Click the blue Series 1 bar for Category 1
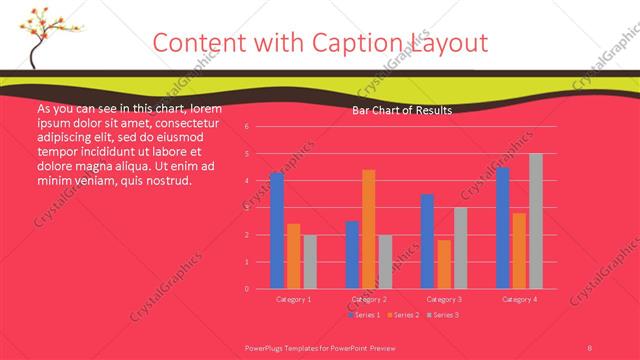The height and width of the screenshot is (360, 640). click(277, 231)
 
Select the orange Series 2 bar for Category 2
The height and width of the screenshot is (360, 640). click(369, 229)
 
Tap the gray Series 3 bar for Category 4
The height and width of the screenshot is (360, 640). click(536, 221)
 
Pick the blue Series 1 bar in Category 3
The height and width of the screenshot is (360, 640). click(427, 241)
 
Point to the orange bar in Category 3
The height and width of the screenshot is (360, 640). click(444, 264)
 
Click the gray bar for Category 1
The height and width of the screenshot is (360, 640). click(310, 261)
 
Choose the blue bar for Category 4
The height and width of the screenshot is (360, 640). click(503, 228)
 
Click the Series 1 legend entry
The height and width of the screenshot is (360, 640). click(364, 315)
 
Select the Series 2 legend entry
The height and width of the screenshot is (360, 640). click(403, 315)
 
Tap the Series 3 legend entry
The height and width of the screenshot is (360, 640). click(441, 315)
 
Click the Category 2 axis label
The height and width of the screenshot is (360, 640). click(369, 299)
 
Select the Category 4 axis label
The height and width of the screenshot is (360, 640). click(520, 299)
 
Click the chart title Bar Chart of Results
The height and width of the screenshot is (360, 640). click(402, 111)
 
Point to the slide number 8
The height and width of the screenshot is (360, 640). click(590, 346)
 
